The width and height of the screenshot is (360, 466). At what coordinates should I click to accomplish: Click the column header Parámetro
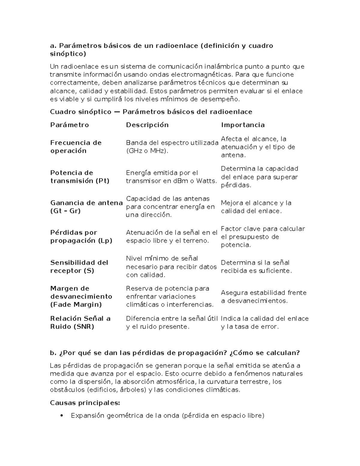click(69, 125)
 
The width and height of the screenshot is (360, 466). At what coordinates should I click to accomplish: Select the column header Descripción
click(147, 125)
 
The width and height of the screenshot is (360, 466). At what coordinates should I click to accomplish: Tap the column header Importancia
click(243, 125)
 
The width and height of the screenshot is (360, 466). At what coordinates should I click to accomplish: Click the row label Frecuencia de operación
click(76, 147)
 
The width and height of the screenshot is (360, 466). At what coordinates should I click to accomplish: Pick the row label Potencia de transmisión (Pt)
click(80, 177)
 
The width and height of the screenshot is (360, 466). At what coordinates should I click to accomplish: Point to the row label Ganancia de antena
click(86, 207)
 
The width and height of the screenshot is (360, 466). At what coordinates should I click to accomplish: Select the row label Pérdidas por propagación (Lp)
click(81, 236)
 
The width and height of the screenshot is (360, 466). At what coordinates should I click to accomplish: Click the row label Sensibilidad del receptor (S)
click(79, 266)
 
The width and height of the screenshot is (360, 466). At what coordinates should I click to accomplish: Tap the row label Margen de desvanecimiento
click(81, 296)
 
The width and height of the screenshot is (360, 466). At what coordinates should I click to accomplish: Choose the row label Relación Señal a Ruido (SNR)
click(80, 323)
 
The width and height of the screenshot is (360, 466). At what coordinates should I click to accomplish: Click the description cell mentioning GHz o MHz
click(172, 147)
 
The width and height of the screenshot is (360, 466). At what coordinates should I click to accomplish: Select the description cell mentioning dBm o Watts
click(171, 177)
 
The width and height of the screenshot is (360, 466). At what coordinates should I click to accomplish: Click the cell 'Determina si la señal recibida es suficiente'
click(256, 266)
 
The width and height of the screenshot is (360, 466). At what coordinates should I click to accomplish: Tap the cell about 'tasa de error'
click(265, 323)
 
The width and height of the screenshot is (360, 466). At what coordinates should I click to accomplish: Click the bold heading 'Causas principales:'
click(85, 403)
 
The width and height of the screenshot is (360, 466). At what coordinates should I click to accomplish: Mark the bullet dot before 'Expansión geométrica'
click(61, 416)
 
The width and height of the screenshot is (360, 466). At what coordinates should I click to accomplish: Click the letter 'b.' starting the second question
click(53, 353)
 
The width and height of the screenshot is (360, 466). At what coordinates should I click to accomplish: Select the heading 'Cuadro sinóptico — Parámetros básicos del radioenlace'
click(151, 112)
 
